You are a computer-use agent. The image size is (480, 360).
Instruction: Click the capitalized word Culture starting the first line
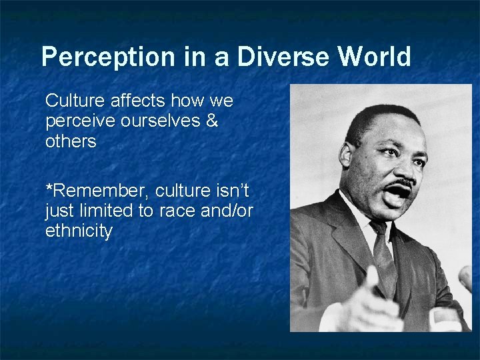tap(71, 101)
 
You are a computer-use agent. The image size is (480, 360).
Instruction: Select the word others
tap(71, 142)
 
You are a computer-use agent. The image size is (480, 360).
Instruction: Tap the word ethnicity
tap(79, 232)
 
